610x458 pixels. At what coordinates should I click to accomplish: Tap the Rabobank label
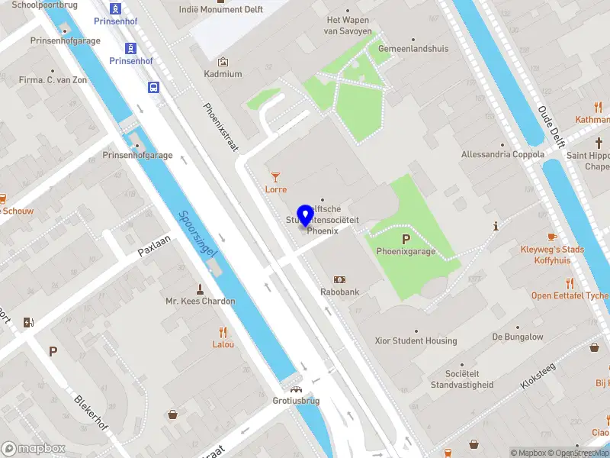(x=339, y=291)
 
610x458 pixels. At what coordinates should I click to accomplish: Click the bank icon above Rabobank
(x=339, y=279)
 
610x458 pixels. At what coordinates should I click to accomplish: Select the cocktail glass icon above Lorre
(x=275, y=177)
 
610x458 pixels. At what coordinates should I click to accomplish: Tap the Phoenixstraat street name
(x=222, y=128)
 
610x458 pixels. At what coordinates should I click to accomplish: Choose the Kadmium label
(x=223, y=74)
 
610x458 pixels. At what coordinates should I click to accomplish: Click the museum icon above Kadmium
(x=223, y=62)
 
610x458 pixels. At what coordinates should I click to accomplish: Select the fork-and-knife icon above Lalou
(x=223, y=332)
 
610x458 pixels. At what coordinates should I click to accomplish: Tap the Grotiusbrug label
(x=296, y=400)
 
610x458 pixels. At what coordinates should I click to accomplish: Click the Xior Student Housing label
(x=416, y=341)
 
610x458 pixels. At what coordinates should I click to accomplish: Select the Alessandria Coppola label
(x=502, y=154)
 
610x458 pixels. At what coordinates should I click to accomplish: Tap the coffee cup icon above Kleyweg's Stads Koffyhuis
(x=552, y=237)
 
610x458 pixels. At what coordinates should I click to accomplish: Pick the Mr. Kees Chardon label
(x=201, y=301)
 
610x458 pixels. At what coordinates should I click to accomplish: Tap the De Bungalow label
(x=518, y=337)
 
